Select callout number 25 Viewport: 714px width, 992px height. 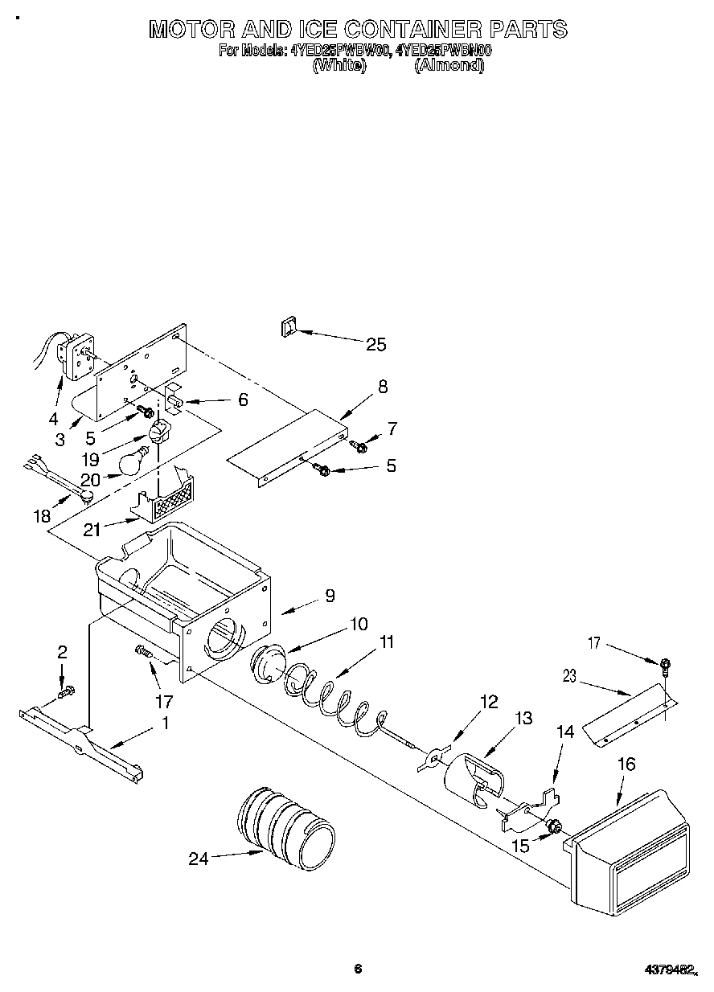point(375,345)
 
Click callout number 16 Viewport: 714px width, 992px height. point(626,764)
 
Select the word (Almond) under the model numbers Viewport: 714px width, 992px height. point(449,66)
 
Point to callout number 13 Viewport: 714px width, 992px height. point(523,718)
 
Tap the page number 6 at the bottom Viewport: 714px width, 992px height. point(359,969)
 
